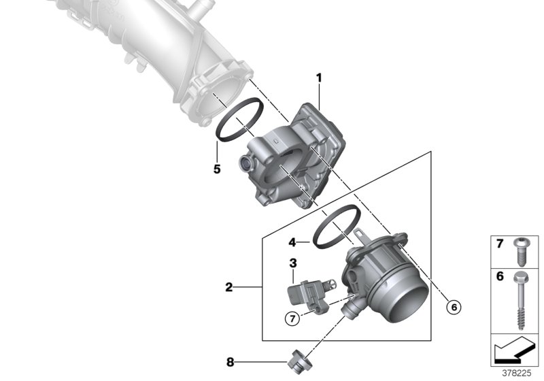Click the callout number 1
318,78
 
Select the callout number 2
229,288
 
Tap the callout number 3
292,263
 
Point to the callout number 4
291,241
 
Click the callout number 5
216,169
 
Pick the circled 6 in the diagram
454,307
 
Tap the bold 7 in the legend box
499,243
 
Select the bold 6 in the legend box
499,277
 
